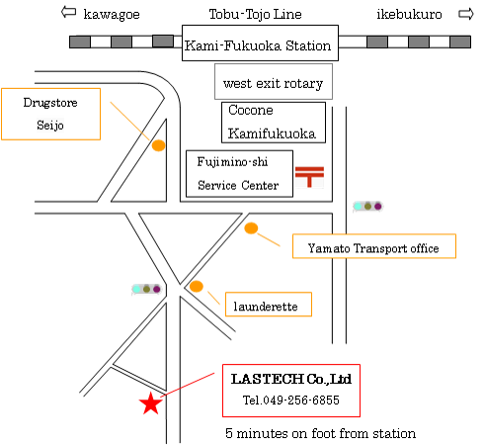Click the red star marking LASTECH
[x=151, y=403]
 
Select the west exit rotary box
[x=274, y=81]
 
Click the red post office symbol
[x=309, y=177]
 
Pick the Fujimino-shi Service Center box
[x=239, y=174]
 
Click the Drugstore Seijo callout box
[x=51, y=114]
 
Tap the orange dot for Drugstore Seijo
[x=158, y=145]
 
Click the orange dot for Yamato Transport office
[x=251, y=228]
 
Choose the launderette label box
[x=269, y=305]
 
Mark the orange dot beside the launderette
[x=197, y=286]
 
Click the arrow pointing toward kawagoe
[x=68, y=13]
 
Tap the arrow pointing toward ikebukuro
[x=466, y=14]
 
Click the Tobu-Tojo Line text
[x=256, y=15]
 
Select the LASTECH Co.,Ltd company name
[x=291, y=379]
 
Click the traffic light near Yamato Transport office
[x=367, y=207]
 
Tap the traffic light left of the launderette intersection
[x=146, y=289]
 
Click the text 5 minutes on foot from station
[x=320, y=433]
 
